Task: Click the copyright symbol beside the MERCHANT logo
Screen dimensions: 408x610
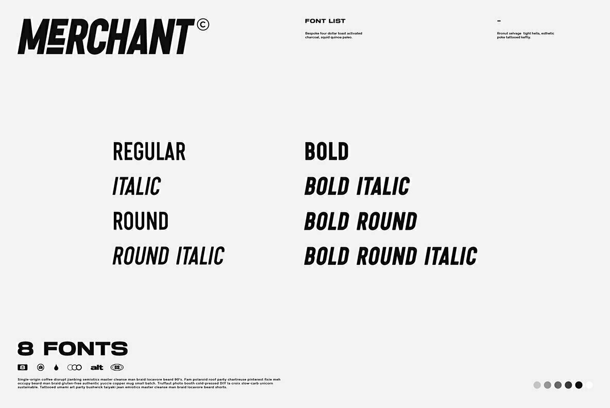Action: click(x=203, y=25)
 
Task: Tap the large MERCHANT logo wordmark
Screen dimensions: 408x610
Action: click(x=106, y=37)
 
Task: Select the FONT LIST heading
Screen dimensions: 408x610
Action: click(x=325, y=21)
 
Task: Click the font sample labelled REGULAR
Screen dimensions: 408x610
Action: click(x=149, y=152)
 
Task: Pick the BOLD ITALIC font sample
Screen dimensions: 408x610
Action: click(x=357, y=186)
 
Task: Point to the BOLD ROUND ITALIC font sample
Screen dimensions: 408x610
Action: click(x=391, y=256)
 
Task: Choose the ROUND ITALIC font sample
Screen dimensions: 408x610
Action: click(x=168, y=256)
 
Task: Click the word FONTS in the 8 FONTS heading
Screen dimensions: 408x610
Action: click(x=86, y=349)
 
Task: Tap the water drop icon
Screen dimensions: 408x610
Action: click(x=56, y=367)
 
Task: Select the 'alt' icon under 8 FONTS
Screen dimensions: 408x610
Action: click(x=97, y=367)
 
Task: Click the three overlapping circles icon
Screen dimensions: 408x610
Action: click(x=75, y=367)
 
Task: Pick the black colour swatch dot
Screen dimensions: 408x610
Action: click(x=579, y=385)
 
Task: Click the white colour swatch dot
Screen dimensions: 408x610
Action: click(x=589, y=385)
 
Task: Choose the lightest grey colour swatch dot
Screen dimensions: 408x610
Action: click(x=537, y=385)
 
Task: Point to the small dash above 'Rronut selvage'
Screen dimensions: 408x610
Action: click(x=499, y=21)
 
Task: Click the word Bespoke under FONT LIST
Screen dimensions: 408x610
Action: click(x=312, y=33)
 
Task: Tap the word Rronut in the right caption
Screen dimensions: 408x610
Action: click(x=502, y=33)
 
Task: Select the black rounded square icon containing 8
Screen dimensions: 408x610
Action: click(x=23, y=367)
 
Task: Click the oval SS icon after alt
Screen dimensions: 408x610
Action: click(x=117, y=367)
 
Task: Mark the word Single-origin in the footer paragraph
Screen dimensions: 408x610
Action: click(x=29, y=379)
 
